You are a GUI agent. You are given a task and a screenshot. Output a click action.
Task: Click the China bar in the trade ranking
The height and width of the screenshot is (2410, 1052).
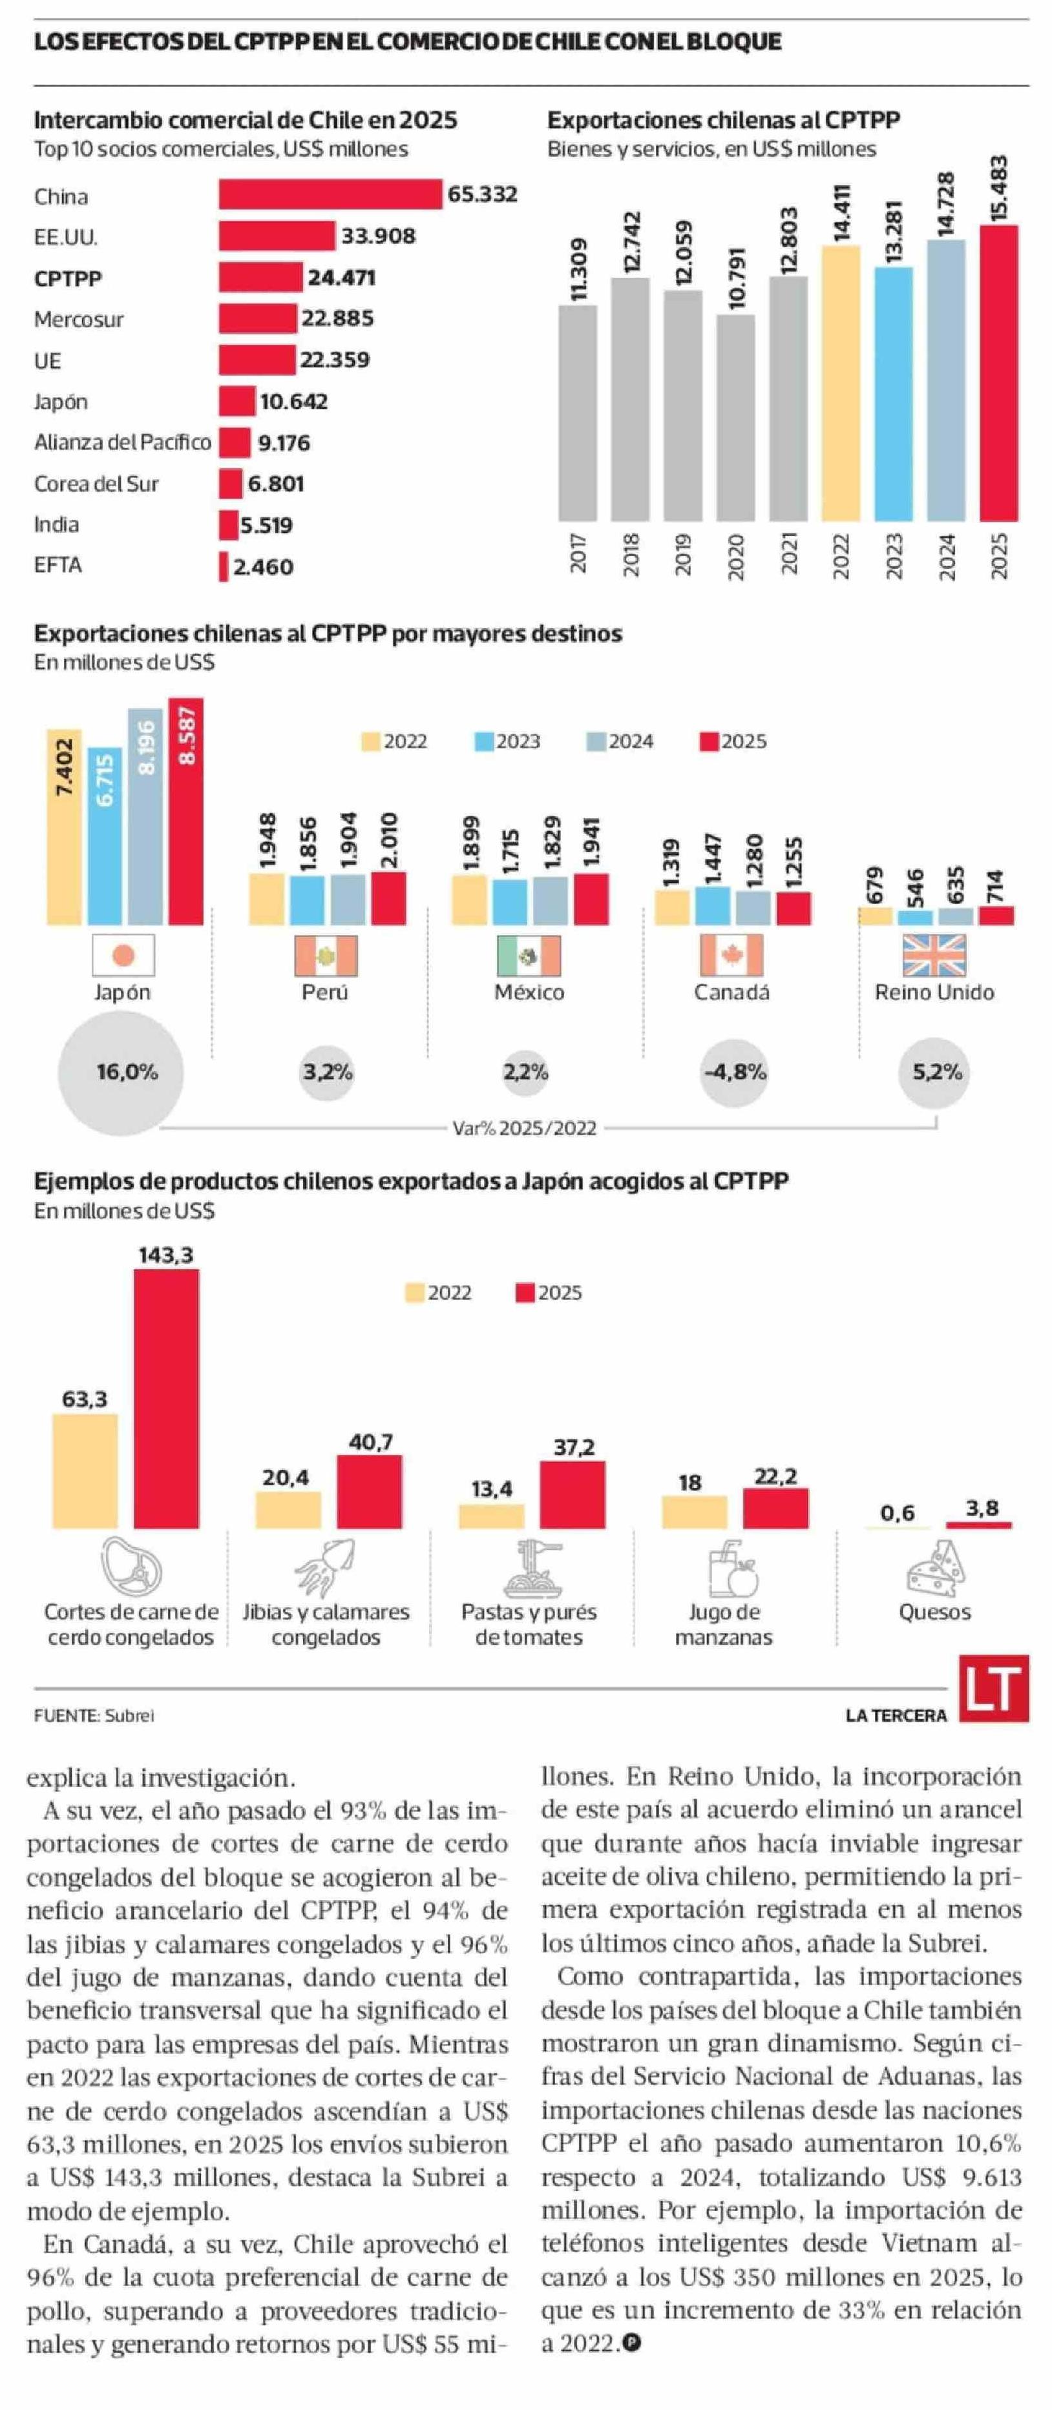[330, 194]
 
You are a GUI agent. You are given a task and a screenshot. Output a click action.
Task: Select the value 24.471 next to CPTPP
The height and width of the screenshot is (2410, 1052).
[342, 278]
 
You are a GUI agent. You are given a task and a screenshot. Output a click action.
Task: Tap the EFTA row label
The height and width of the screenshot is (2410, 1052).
[58, 565]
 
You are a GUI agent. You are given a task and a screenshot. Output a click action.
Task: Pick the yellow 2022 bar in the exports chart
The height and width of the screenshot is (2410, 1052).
[841, 383]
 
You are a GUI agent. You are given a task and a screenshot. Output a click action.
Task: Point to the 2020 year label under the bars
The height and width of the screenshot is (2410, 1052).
[735, 556]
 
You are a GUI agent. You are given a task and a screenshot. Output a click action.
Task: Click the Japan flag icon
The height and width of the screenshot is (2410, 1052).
[123, 955]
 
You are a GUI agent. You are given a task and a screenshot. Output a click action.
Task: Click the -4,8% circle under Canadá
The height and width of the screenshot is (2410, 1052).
[735, 1072]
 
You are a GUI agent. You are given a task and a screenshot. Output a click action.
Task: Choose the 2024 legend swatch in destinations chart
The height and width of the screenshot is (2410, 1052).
[596, 742]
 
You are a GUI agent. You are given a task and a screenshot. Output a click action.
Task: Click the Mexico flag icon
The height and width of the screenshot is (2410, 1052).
[529, 955]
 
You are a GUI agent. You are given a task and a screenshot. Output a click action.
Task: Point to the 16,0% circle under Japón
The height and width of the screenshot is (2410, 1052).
[121, 1072]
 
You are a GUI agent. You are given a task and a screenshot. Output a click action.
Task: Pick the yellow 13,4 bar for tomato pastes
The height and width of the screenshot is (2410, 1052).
[490, 1516]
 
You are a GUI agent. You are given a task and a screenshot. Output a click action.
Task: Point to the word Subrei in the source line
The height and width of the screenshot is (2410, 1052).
[129, 1716]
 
